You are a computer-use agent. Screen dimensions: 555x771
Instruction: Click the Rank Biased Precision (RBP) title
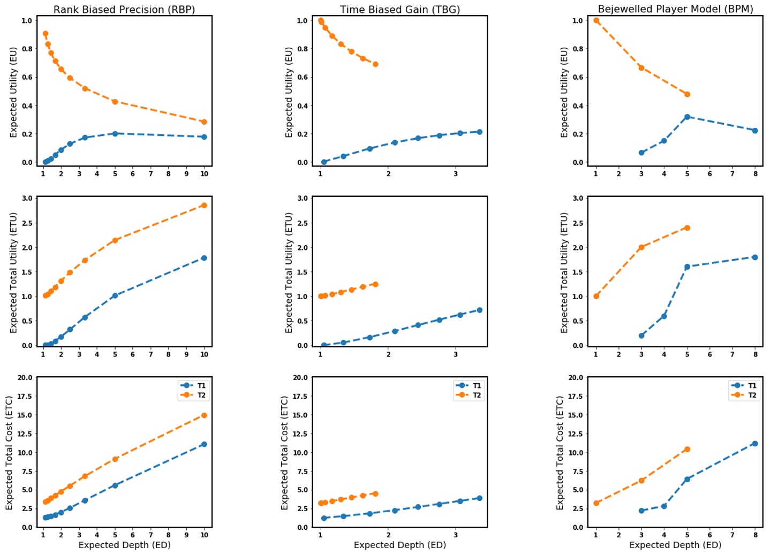pos(124,9)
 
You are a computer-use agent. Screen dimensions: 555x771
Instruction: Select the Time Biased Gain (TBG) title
pos(399,9)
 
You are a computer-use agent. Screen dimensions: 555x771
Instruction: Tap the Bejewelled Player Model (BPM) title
pos(675,9)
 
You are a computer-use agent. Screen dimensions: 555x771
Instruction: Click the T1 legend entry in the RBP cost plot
pos(201,385)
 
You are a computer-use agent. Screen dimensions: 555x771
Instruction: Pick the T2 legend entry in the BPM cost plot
pos(752,395)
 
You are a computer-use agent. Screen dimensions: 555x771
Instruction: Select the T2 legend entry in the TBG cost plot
pos(477,395)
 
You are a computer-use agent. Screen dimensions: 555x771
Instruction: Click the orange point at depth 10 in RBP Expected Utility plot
pos(204,122)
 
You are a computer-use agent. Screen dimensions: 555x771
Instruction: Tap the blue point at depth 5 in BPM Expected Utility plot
pos(687,117)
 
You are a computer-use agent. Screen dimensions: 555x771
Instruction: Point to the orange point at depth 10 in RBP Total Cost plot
pos(204,415)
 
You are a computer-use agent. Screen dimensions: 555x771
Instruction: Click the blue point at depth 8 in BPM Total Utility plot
pos(755,257)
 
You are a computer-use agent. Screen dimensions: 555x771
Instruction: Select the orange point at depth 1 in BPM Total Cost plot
pos(596,503)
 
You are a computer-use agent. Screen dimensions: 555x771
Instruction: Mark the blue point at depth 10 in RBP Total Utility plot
pos(204,258)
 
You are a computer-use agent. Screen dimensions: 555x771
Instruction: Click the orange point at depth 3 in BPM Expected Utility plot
pos(641,68)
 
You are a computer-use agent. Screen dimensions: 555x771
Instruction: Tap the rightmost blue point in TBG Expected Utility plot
pos(479,132)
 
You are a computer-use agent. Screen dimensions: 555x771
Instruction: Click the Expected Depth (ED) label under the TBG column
pos(399,545)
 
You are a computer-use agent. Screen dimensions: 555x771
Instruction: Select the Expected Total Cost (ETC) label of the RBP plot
pos(9,453)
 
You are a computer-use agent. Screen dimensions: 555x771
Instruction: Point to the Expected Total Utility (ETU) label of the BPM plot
pos(564,272)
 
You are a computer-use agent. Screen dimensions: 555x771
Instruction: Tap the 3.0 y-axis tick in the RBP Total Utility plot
pos(26,198)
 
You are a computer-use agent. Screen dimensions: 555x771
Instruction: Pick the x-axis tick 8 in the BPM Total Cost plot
pos(755,535)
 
